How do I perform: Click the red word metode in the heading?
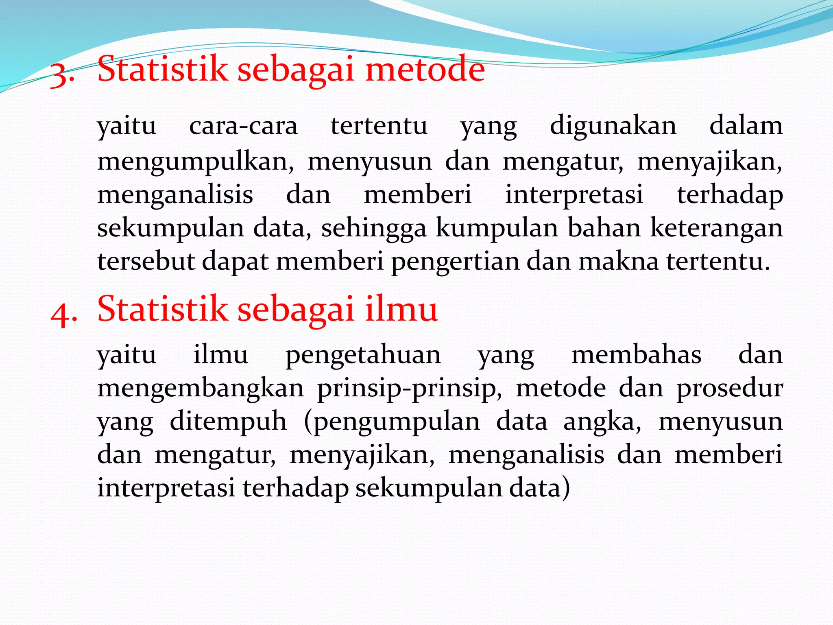tap(425, 69)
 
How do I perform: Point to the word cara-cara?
tap(243, 126)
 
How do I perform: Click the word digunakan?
tap(613, 126)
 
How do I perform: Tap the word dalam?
tap(746, 126)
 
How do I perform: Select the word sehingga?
tap(374, 229)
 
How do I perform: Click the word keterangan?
tap(716, 229)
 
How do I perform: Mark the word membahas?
tap(637, 354)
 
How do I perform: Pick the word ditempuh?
tap(228, 422)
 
